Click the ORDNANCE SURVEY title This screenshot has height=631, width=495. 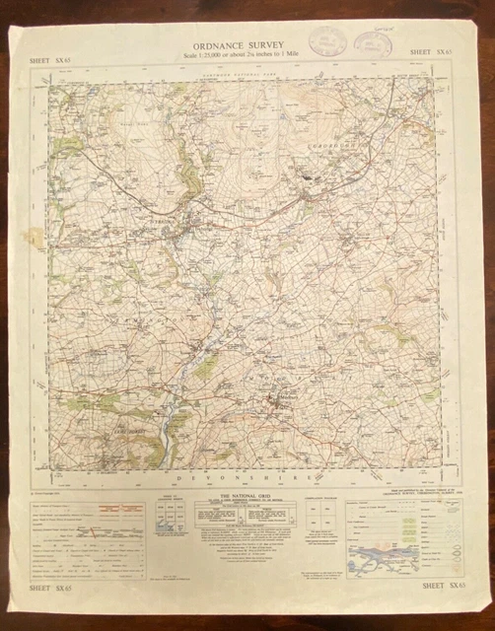[241, 43]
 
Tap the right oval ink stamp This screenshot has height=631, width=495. [373, 44]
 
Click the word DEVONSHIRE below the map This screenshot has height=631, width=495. [242, 478]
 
